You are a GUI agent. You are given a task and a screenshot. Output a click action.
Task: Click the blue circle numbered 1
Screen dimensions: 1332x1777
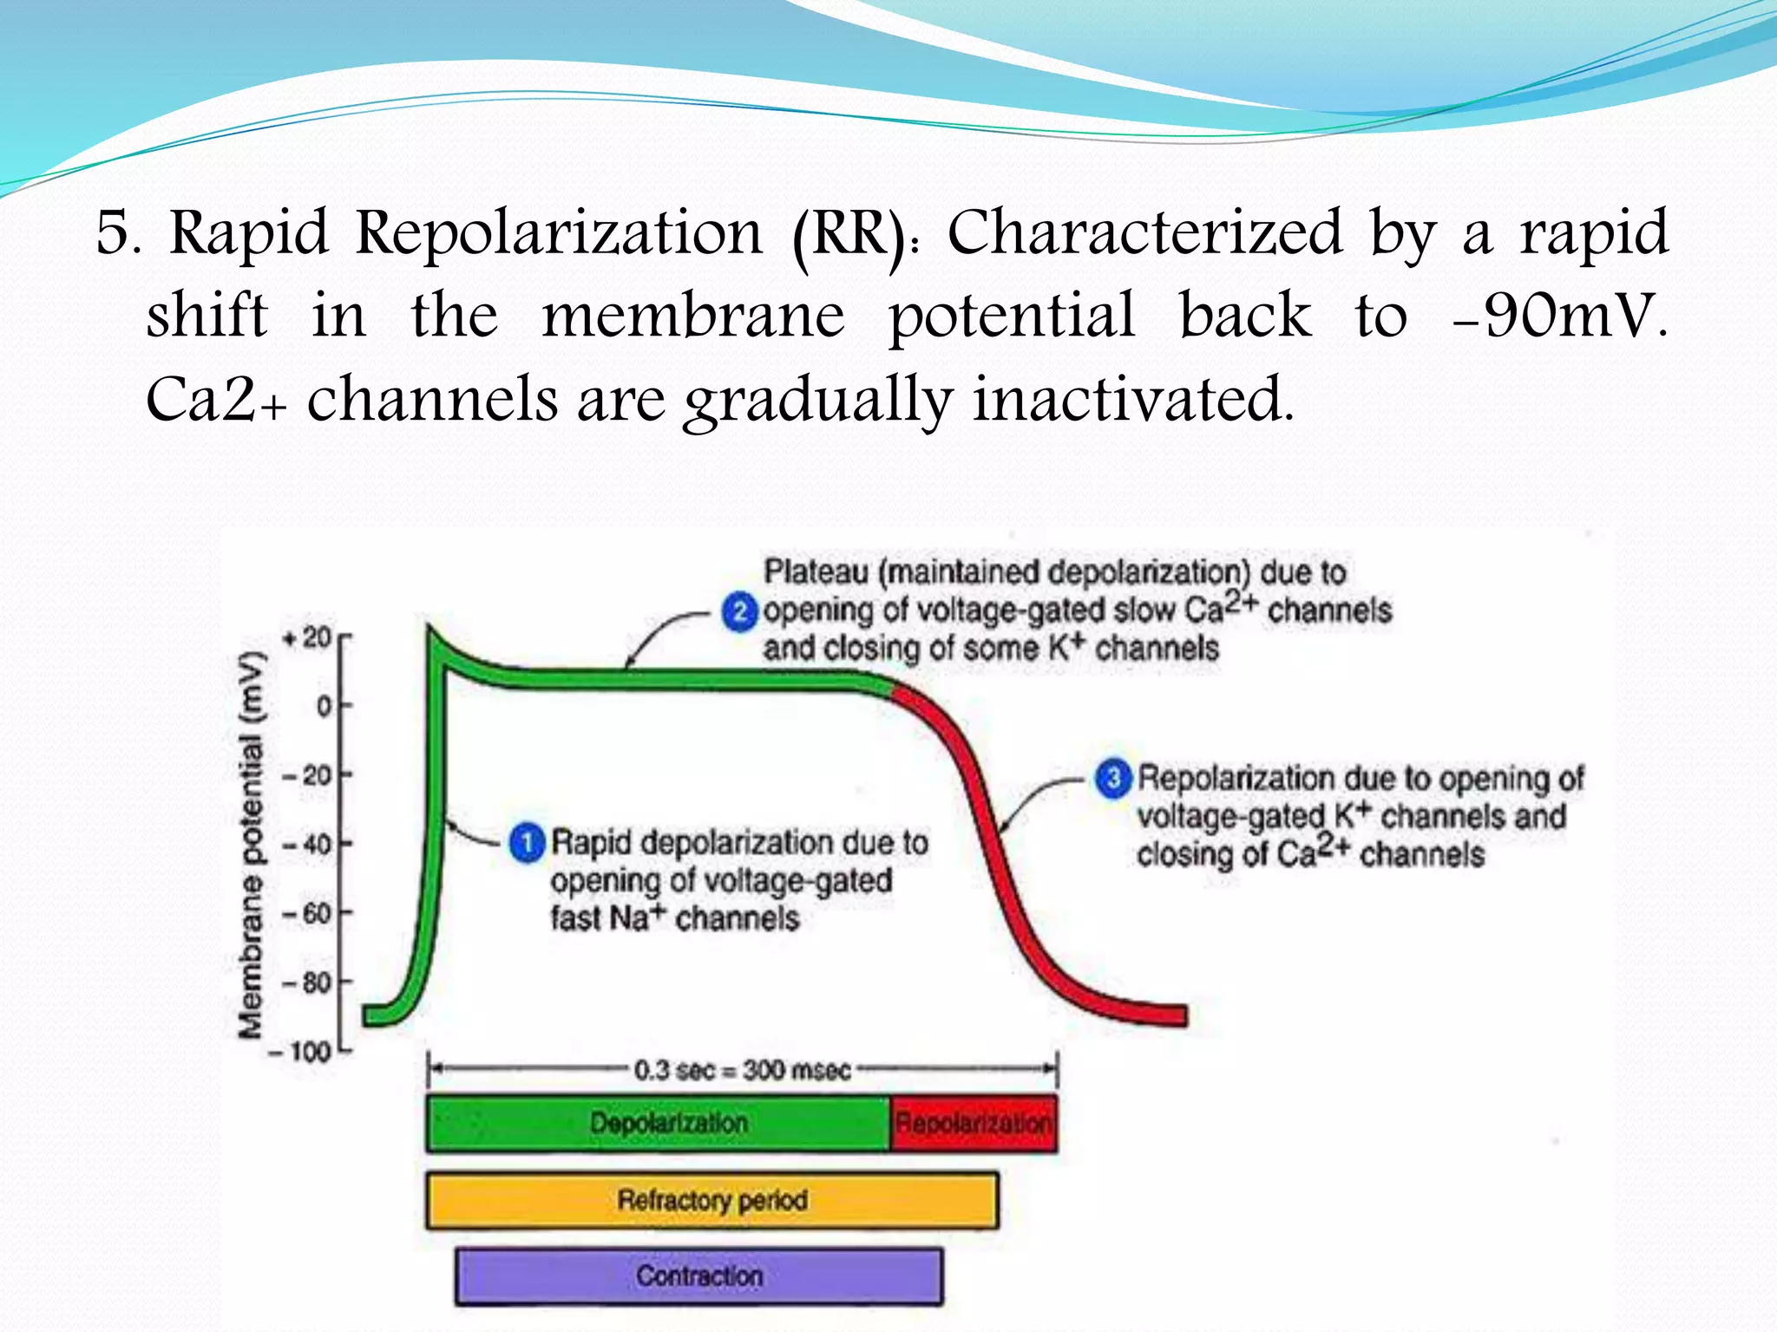point(526,843)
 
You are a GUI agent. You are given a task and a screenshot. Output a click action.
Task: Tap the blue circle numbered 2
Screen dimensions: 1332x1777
point(739,612)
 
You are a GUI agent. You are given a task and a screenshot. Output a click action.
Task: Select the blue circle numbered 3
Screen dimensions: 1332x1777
point(1113,778)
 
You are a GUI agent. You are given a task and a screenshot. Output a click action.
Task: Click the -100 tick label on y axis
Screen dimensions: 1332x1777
point(300,1052)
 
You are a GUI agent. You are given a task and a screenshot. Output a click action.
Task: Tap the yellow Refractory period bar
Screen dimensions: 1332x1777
point(711,1200)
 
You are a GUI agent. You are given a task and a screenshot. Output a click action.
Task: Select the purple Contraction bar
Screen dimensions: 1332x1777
point(698,1276)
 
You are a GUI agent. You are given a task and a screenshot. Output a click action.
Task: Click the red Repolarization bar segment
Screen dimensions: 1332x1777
point(973,1124)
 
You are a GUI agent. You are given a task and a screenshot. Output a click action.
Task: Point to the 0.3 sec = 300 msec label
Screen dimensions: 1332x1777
point(742,1070)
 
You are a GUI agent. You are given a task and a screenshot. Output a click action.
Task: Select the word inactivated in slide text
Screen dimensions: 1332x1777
point(1132,399)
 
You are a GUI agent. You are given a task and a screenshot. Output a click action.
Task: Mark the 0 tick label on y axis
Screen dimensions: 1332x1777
point(324,707)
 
